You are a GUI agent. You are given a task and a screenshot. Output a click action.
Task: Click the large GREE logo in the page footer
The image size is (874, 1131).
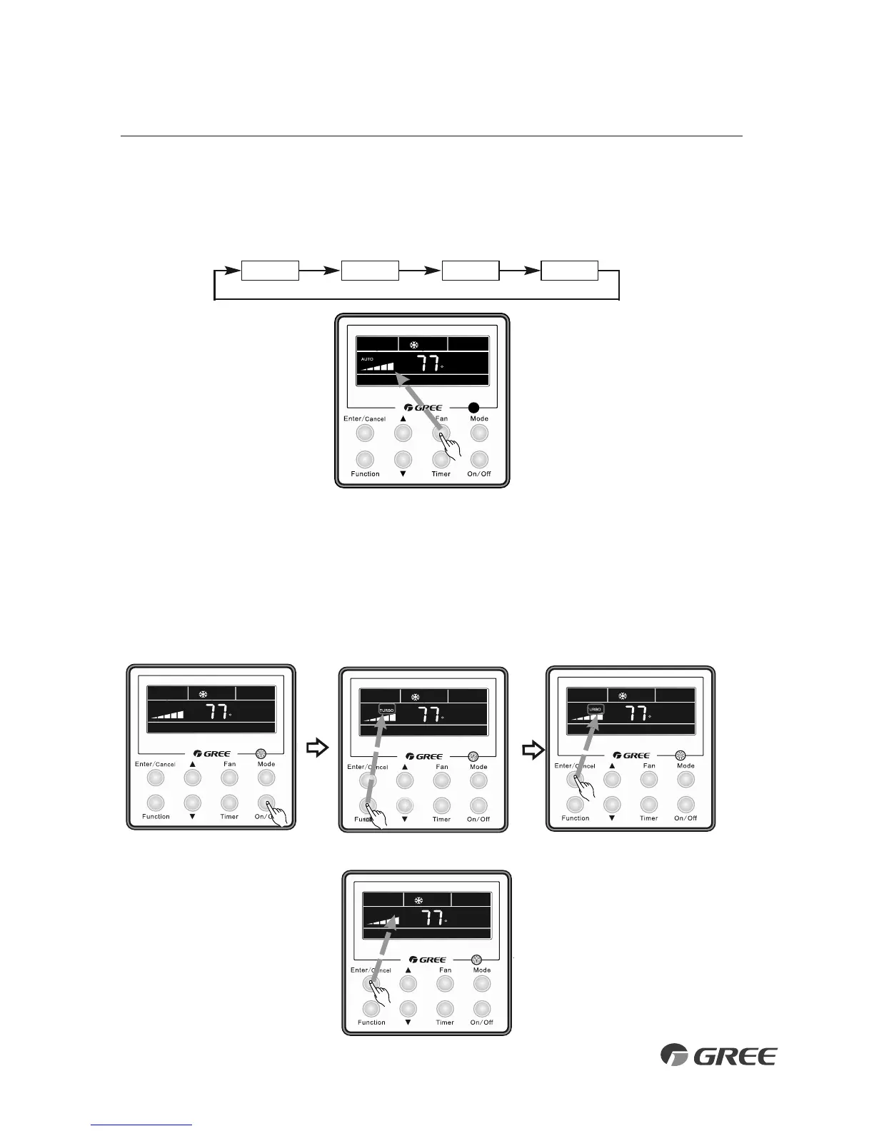718,1055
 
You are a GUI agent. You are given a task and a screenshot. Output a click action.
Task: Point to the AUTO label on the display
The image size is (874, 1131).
367,359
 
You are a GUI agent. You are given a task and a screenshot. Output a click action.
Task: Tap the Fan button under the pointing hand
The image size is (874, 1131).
441,433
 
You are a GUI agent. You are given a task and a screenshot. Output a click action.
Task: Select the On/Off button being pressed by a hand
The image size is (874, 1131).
266,803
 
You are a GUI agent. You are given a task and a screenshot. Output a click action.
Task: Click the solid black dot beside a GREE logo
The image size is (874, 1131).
473,408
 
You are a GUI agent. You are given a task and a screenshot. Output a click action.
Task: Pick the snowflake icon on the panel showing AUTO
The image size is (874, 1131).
413,345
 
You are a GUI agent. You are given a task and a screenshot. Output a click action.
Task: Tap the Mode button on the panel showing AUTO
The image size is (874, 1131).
479,433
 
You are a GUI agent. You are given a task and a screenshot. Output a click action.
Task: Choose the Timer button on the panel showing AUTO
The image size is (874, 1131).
441,459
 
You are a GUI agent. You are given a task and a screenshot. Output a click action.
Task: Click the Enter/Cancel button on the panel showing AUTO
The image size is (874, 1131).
365,433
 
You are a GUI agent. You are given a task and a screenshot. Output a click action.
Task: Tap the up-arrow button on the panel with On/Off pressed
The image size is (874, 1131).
192,778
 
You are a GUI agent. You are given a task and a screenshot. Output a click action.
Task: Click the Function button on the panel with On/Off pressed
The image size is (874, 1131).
156,803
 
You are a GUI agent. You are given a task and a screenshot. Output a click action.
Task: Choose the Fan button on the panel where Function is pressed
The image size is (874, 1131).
442,780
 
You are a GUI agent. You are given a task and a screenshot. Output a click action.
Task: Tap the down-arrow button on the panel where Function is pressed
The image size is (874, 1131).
405,805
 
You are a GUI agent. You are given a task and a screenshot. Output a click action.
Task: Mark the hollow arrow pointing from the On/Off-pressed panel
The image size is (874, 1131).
317,748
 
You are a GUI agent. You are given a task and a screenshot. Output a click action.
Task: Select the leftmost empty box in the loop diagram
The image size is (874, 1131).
270,271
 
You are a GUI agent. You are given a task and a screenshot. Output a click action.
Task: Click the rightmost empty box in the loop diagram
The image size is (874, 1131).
569,271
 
